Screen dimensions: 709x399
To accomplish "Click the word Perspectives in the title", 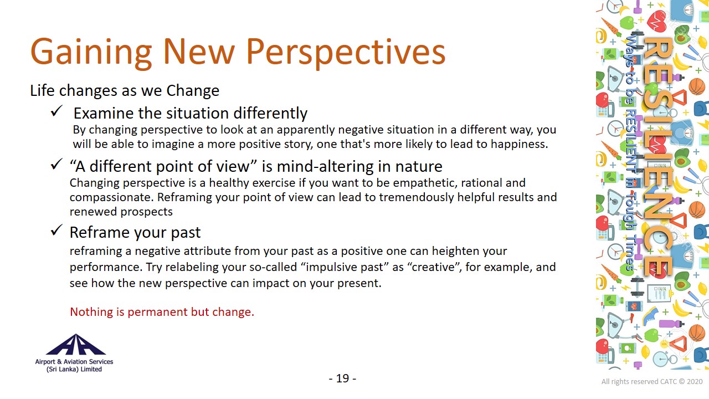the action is click(346, 52).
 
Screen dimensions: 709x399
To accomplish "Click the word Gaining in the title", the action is click(91, 52).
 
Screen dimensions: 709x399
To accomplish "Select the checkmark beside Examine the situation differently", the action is click(56, 111).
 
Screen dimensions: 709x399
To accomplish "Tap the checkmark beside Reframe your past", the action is click(56, 230).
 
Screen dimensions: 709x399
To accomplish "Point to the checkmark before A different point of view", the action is click(56, 164).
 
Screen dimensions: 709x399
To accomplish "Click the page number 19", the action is click(342, 378).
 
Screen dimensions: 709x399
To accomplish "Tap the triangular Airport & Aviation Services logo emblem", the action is click(76, 345).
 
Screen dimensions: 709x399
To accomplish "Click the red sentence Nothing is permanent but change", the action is click(162, 312).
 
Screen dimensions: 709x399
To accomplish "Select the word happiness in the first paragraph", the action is click(520, 144).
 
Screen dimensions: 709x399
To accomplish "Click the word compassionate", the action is click(112, 197).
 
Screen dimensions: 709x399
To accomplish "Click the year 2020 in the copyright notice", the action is click(695, 382).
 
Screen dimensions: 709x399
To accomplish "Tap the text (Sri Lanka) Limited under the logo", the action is click(74, 369).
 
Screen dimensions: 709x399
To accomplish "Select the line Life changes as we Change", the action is click(125, 90).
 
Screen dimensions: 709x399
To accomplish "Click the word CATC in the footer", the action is click(668, 382).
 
